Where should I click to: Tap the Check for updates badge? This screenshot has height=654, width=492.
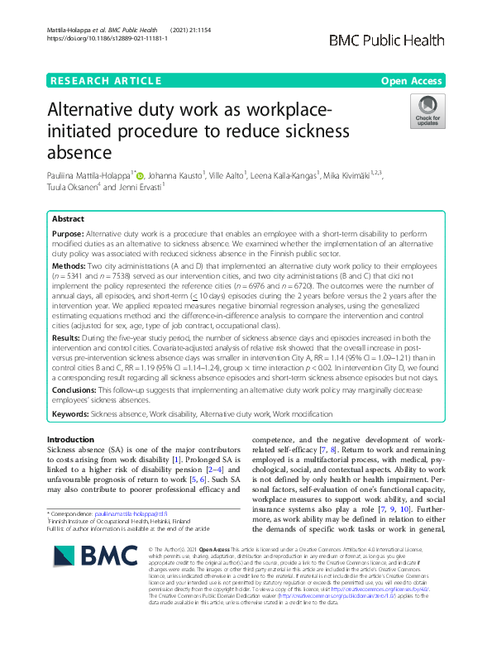coord(428,111)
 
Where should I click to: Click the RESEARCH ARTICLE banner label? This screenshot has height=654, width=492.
coord(105,80)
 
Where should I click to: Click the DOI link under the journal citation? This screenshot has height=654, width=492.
coord(97,39)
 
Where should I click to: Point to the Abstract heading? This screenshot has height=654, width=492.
coord(68,219)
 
